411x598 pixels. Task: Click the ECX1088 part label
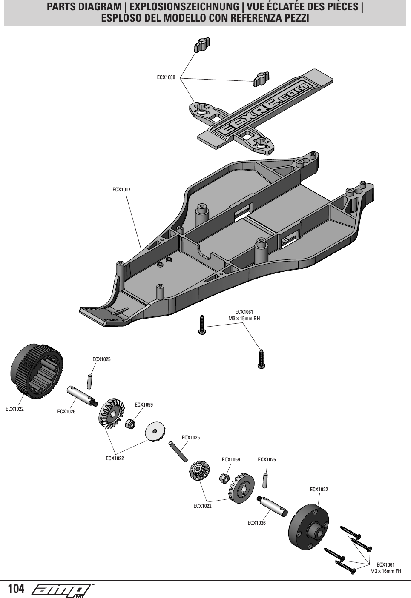click(166, 77)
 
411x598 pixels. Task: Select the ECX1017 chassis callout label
click(121, 189)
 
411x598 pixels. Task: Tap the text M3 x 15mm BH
click(244, 319)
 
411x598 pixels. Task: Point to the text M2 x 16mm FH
click(385, 571)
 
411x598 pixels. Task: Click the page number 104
click(16, 589)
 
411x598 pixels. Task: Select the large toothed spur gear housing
click(36, 371)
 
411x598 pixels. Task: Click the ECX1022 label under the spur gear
click(14, 409)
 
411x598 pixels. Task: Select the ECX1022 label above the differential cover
click(319, 490)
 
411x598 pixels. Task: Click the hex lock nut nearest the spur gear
click(131, 424)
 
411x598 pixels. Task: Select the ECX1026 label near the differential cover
click(256, 523)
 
